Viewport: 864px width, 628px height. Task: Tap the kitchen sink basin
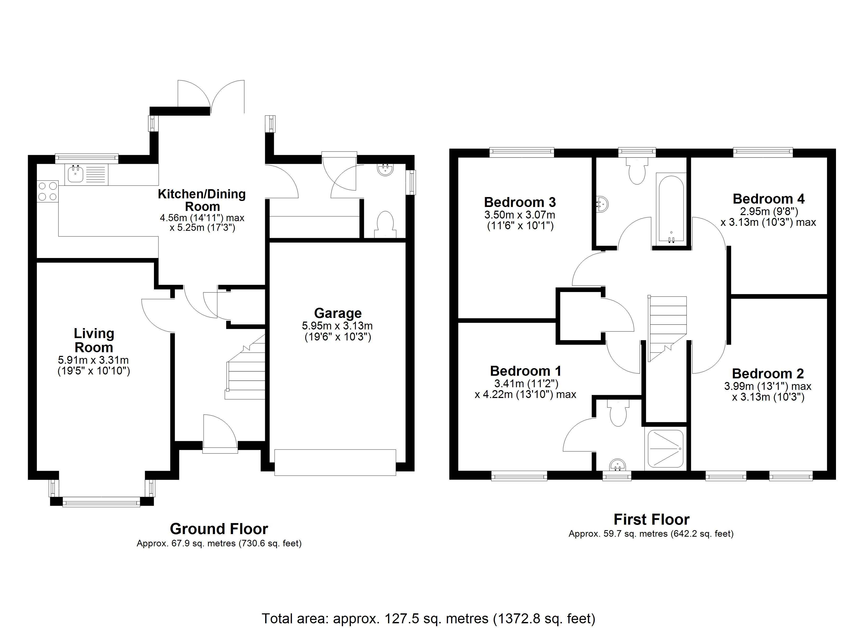point(76,175)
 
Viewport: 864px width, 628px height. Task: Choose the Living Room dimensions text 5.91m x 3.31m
point(93,360)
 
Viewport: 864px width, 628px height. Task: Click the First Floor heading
point(651,519)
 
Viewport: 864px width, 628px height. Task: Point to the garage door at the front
point(335,462)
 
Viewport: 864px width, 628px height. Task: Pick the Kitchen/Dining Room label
point(202,200)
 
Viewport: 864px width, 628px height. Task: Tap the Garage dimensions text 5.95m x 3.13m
point(337,326)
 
